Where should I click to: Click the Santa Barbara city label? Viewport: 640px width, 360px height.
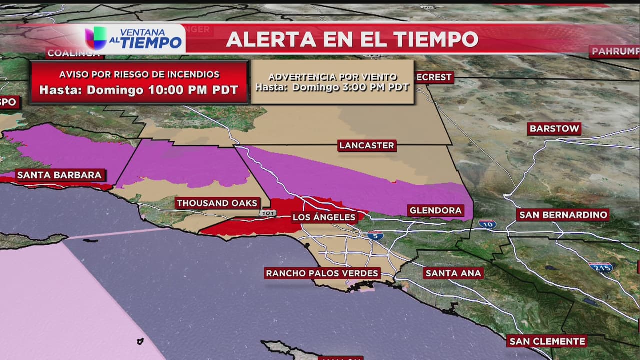tap(60, 175)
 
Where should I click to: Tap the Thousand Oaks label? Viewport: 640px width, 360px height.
tap(217, 203)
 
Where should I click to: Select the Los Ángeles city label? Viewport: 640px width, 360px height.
tap(324, 217)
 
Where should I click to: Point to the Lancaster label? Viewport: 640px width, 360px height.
tap(367, 145)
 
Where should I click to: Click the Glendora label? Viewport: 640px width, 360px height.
tap(435, 210)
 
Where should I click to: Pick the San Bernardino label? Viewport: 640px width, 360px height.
tap(563, 215)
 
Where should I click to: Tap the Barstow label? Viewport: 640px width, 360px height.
tap(554, 129)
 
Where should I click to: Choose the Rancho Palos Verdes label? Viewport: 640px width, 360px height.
tap(322, 273)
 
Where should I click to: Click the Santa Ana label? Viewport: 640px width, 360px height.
tap(453, 273)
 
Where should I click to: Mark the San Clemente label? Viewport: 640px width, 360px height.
tap(546, 341)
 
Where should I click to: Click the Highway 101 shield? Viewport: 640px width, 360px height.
tap(267, 213)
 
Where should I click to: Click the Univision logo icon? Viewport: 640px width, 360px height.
tap(95, 38)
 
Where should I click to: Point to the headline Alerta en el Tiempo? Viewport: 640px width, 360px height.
tap(352, 39)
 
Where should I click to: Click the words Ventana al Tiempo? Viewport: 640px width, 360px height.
tap(145, 38)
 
